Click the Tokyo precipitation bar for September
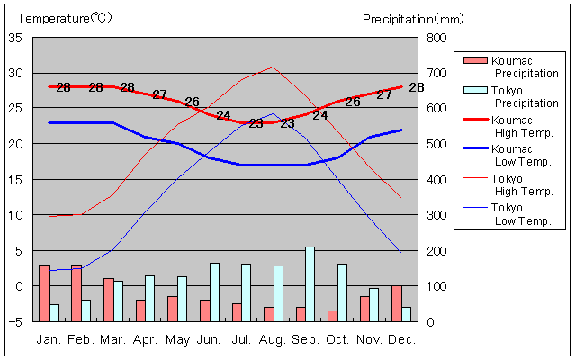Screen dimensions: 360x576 tap(310, 283)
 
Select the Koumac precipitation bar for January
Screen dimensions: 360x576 tap(44, 292)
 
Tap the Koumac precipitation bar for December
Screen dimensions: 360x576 tap(397, 303)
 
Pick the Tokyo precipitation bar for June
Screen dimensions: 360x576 tap(214, 292)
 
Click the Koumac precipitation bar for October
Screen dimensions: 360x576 tap(332, 316)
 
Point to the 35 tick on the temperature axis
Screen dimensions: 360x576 tap(15, 38)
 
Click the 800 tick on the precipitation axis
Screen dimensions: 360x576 tap(436, 38)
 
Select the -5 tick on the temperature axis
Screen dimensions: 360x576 tap(15, 321)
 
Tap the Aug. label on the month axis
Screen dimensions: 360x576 tap(273, 339)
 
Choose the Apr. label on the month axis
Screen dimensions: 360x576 tap(145, 339)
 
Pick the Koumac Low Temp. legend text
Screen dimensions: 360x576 tap(514, 156)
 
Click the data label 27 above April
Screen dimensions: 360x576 tap(160, 94)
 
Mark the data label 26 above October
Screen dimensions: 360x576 tap(353, 102)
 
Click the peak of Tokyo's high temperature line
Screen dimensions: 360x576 tap(273, 67)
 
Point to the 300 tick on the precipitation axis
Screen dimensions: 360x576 tap(436, 215)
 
